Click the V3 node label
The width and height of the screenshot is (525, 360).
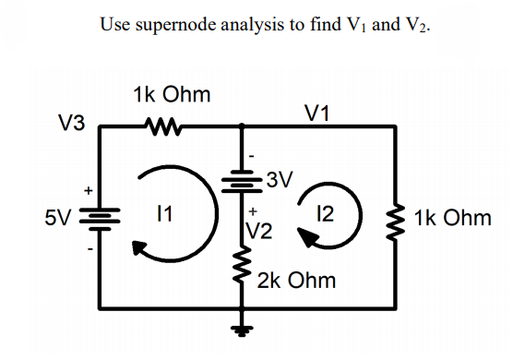pyautogui.click(x=71, y=123)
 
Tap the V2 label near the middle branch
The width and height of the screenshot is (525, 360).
pyautogui.click(x=260, y=228)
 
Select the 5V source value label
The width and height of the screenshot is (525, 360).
pyautogui.click(x=60, y=219)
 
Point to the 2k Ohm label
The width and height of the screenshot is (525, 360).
pyautogui.click(x=296, y=279)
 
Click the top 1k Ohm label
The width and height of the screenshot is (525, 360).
pyautogui.click(x=171, y=94)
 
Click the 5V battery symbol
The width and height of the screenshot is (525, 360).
pyautogui.click(x=98, y=219)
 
